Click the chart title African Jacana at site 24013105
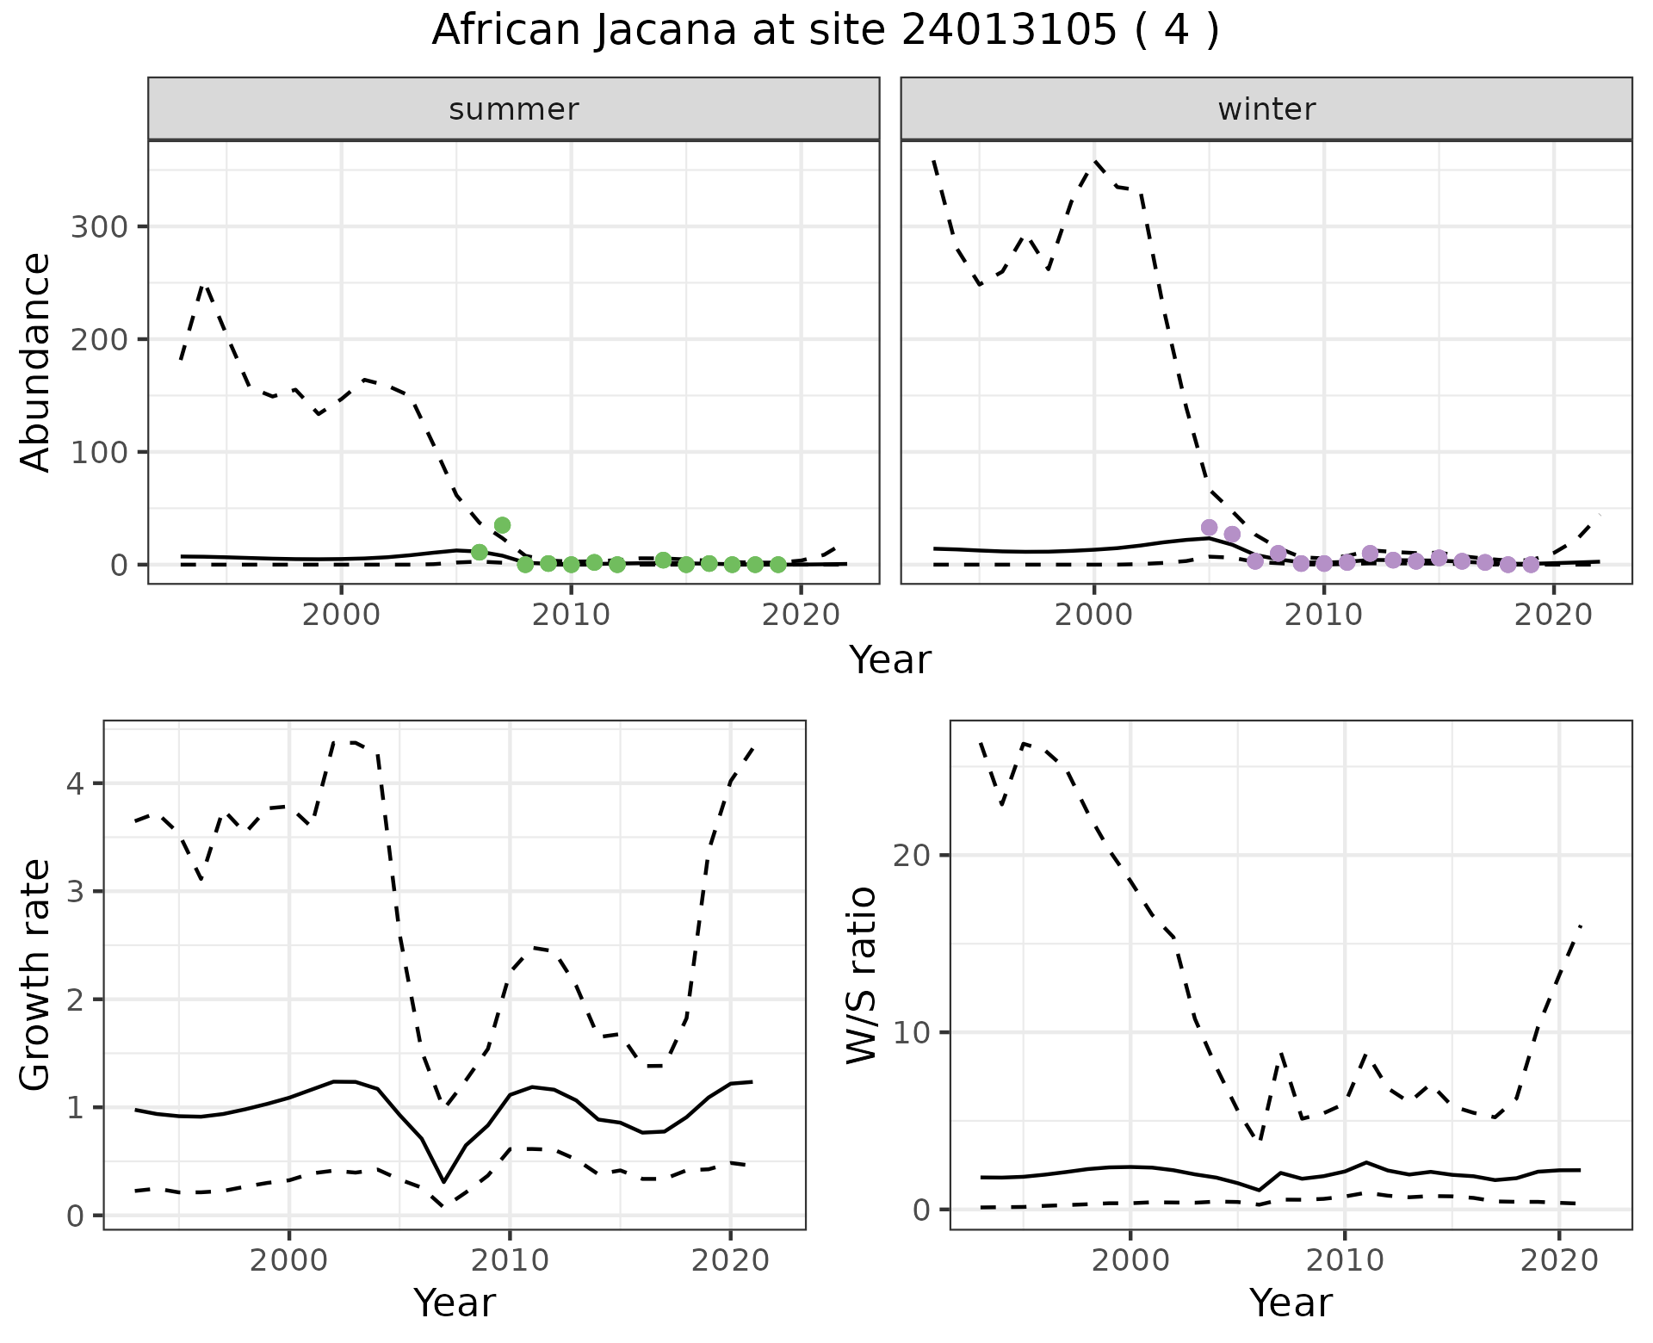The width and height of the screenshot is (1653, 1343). pos(825,31)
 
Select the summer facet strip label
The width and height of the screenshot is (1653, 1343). pos(514,109)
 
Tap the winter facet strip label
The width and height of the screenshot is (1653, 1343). pos(1266,109)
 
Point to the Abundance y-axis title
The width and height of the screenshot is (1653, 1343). pos(36,362)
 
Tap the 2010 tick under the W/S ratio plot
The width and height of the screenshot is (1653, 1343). pos(1344,1261)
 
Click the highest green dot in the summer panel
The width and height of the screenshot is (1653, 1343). pos(502,525)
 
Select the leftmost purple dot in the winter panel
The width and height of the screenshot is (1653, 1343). pos(1209,528)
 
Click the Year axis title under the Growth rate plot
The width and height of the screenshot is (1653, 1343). pos(455,1303)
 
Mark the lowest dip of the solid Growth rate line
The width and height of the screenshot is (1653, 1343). pos(443,1181)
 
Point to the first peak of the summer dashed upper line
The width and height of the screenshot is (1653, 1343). pos(205,284)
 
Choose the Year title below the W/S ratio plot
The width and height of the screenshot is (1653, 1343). pos(1291,1303)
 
